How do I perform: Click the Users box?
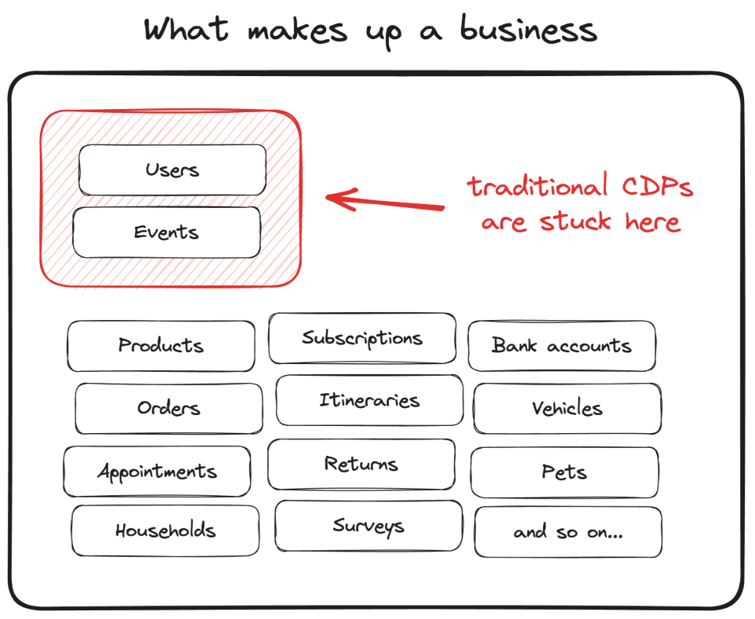pos(172,170)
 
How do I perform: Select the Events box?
pos(166,232)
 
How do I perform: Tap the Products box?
pos(162,346)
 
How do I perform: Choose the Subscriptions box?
pos(362,338)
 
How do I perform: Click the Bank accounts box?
pos(562,346)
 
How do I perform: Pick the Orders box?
pos(169,409)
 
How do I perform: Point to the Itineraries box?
pos(370,400)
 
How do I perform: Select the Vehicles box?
pos(567,409)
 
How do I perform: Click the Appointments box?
pos(157,471)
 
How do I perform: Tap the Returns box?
pos(361,464)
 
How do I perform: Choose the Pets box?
pos(564,472)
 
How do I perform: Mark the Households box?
pos(165,531)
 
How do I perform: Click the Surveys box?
pos(368,526)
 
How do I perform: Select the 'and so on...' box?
pos(568,532)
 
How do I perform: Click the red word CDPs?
pos(657,187)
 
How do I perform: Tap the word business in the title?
pos(528,30)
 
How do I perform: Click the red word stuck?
pos(575,221)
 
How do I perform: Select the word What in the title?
pos(187,29)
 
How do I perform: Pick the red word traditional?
pos(537,185)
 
